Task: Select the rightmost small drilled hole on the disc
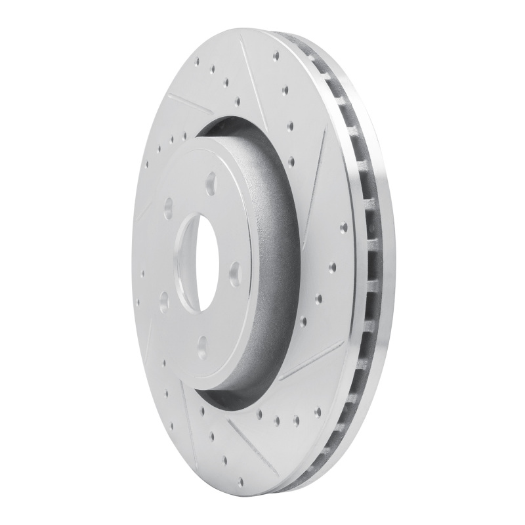coord(333,267)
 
